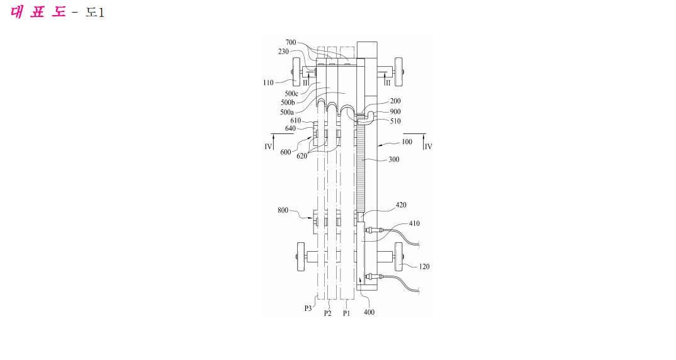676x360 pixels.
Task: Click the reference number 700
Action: [x=291, y=42]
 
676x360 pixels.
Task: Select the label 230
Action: [x=283, y=52]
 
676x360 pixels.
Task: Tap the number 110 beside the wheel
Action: [x=268, y=82]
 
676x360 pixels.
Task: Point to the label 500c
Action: [x=291, y=94]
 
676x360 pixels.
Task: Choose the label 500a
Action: [x=286, y=112]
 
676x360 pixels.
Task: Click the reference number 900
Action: [x=395, y=111]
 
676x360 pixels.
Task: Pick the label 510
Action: [x=395, y=121]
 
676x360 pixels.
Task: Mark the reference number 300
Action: [x=393, y=159]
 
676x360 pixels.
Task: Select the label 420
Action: [x=401, y=205]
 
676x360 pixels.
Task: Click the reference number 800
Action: [x=283, y=210]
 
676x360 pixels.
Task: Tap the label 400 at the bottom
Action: [x=369, y=312]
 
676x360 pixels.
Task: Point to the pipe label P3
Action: [x=308, y=308]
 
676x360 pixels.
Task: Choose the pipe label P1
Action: [x=347, y=313]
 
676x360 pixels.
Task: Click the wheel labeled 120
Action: [x=399, y=257]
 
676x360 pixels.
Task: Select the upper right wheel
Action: [x=399, y=72]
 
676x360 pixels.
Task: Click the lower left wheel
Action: [x=300, y=257]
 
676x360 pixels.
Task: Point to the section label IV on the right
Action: [x=428, y=147]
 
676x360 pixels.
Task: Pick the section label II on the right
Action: [x=388, y=82]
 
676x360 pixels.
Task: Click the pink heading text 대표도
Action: [x=38, y=11]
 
